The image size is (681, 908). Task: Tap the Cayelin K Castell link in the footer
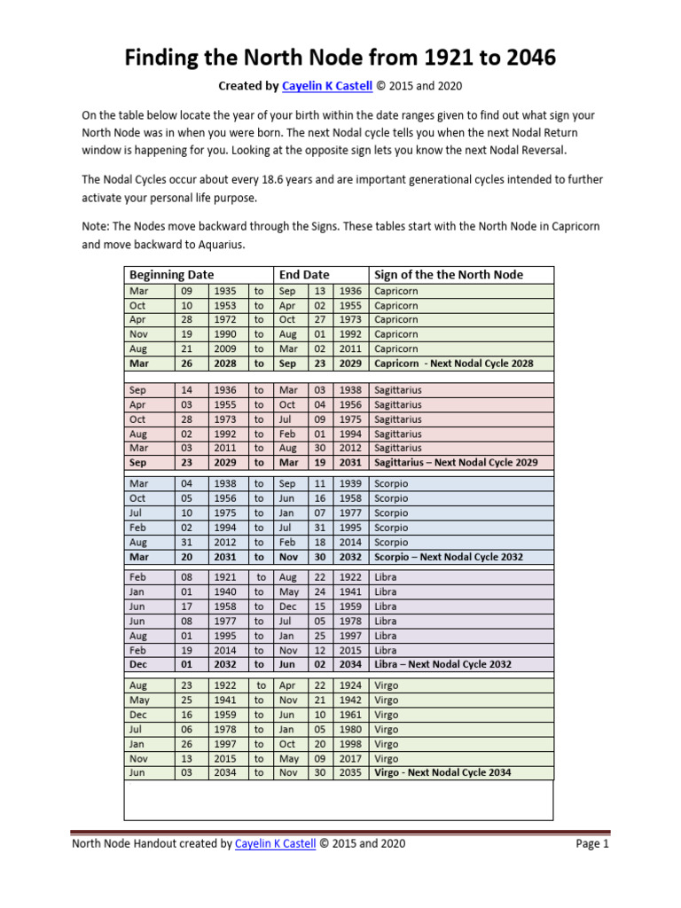[275, 843]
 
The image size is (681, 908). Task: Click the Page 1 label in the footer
[592, 843]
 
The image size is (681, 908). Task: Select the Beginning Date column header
[171, 275]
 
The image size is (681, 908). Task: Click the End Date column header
[303, 275]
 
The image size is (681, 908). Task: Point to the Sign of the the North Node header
[449, 275]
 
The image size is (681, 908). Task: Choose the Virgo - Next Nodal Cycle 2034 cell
[442, 772]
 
